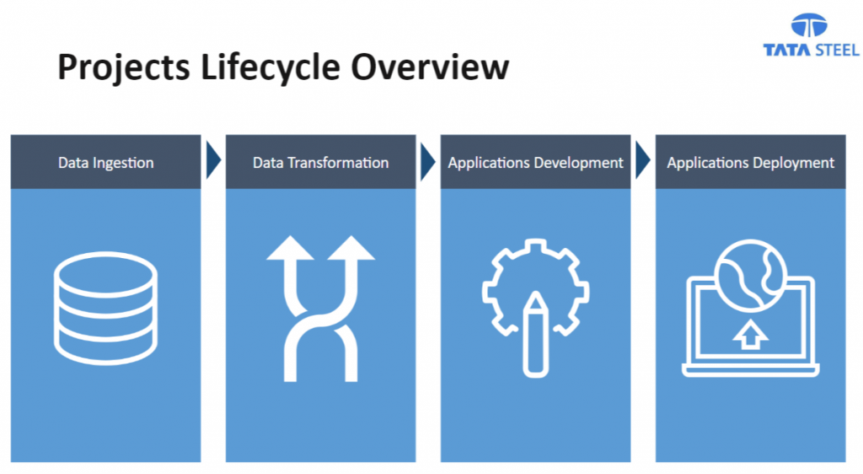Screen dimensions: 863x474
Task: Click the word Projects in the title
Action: coord(124,67)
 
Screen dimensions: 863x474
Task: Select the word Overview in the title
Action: coord(430,67)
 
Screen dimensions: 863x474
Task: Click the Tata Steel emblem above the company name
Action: coord(808,25)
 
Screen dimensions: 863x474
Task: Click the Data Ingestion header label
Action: coord(105,163)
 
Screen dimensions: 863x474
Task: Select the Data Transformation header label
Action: coord(320,163)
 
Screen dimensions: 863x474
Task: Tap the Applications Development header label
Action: coord(535,163)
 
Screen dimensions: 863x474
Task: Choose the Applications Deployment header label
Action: coord(750,163)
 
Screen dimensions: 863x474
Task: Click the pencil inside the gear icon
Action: coord(535,335)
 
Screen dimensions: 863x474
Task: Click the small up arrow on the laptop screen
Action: coord(750,335)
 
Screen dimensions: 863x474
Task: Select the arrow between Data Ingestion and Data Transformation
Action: coord(213,160)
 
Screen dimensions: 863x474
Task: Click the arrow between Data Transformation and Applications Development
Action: coord(427,161)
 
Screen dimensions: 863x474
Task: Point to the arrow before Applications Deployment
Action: coord(642,160)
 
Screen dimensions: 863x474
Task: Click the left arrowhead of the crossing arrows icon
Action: coord(290,249)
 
